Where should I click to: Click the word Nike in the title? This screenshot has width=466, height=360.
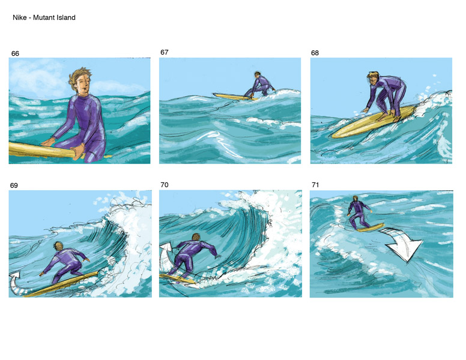(x=20, y=17)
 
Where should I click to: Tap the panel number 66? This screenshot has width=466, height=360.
(x=15, y=53)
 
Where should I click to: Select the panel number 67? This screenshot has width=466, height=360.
(x=165, y=52)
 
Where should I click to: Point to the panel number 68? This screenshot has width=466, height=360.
(x=315, y=53)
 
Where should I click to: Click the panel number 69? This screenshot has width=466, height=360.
(x=14, y=185)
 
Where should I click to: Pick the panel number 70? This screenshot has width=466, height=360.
(x=165, y=185)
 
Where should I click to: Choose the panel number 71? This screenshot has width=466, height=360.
(x=315, y=185)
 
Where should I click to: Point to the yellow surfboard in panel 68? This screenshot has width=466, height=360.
(x=373, y=122)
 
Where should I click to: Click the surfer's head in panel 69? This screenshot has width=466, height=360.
(x=58, y=245)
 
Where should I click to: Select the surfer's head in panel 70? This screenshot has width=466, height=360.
(x=196, y=237)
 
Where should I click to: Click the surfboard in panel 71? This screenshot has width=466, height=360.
(x=371, y=228)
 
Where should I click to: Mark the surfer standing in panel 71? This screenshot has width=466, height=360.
(x=359, y=212)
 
